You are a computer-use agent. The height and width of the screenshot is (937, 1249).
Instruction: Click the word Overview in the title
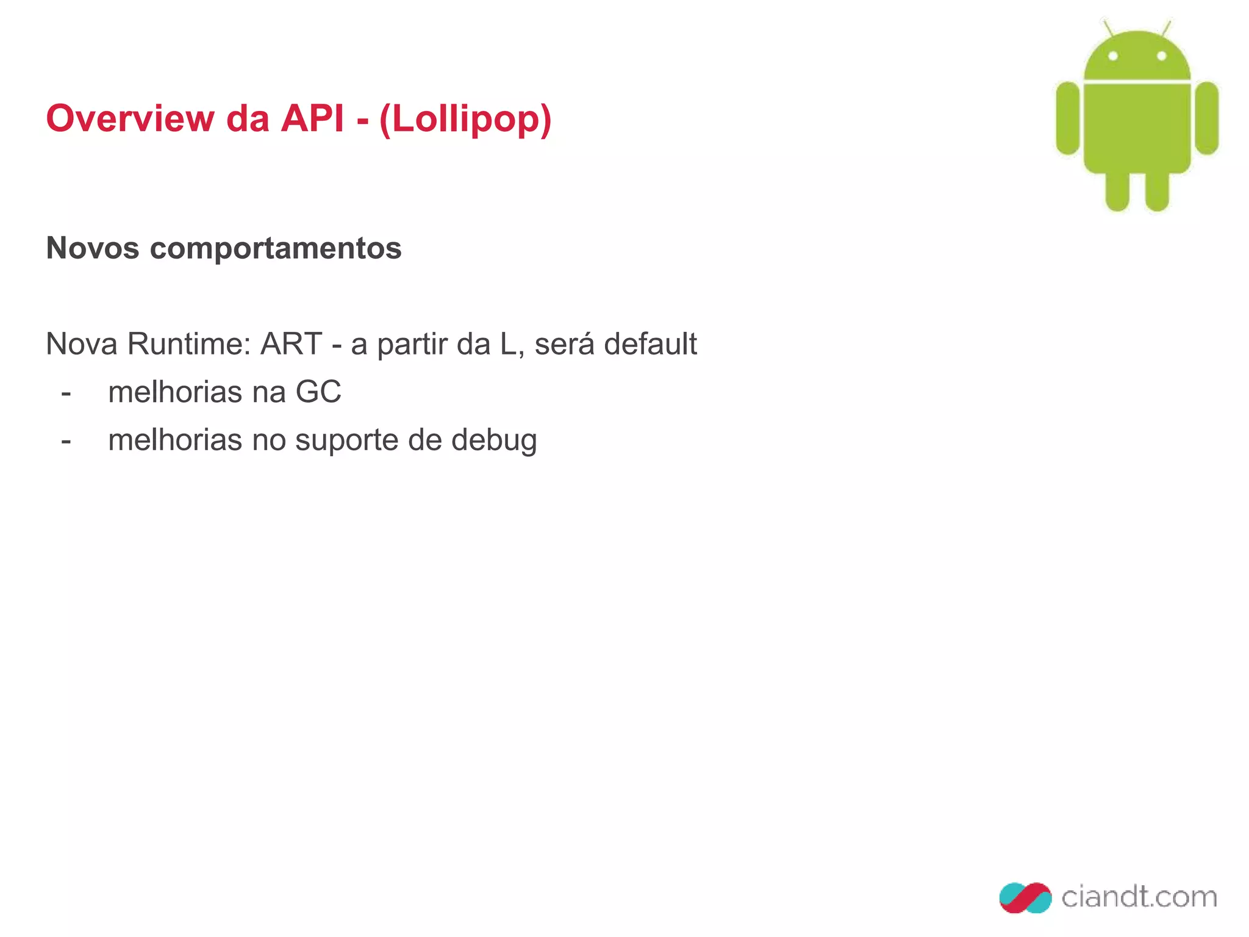tap(130, 118)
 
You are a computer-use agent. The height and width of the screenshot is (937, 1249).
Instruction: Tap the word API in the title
tap(312, 118)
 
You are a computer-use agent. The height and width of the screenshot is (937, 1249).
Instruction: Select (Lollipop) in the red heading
tap(465, 120)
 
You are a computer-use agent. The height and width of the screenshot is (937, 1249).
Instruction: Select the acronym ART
tap(291, 344)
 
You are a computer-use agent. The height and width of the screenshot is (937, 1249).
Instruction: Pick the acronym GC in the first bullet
tap(318, 392)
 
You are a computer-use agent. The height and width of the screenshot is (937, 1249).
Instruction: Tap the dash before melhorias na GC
tap(66, 393)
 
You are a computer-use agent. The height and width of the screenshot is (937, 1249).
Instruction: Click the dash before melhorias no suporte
tap(66, 441)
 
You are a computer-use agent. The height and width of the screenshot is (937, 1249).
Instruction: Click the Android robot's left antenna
tap(1108, 28)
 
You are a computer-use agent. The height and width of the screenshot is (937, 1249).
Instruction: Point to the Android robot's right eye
tap(1161, 56)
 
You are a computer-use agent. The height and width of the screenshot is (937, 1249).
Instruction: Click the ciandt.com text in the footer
tap(1139, 897)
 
